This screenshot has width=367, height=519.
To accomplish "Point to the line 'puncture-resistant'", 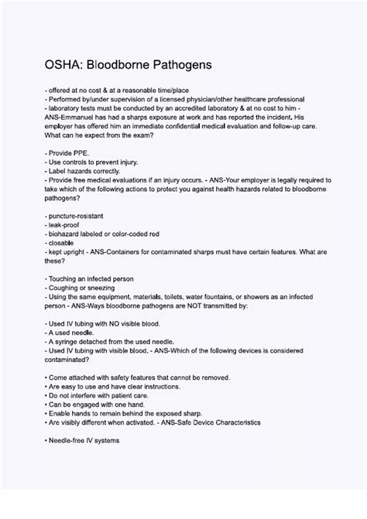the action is coord(77,216).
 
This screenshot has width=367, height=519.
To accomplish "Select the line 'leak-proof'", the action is coord(65,224).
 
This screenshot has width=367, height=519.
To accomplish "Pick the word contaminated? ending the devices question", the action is coord(70,359).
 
